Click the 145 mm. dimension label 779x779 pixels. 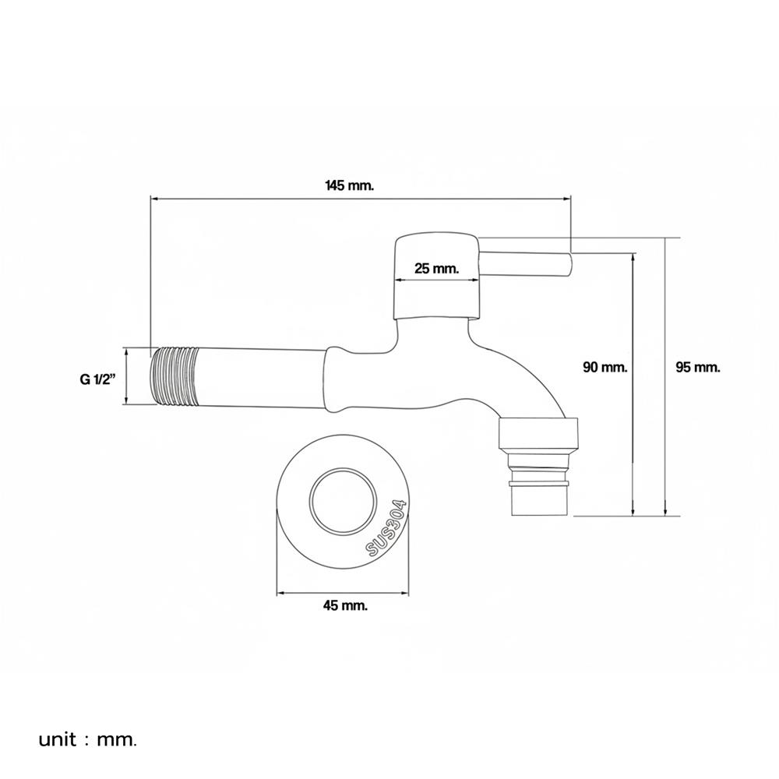(349, 186)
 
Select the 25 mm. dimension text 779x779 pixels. (437, 269)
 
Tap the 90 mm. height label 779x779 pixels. (605, 367)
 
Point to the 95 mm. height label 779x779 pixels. (697, 367)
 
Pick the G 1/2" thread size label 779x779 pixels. (97, 379)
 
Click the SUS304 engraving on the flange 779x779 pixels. (387, 528)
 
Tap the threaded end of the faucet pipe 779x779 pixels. (174, 376)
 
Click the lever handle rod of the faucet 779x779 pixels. (526, 264)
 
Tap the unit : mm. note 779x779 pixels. (87, 740)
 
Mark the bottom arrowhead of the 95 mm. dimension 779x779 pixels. (666, 513)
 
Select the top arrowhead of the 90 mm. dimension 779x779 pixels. (633, 257)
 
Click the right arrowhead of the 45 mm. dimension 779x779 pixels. (404, 593)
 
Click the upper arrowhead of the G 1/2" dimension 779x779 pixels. (127, 352)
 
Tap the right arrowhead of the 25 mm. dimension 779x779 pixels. (477, 280)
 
